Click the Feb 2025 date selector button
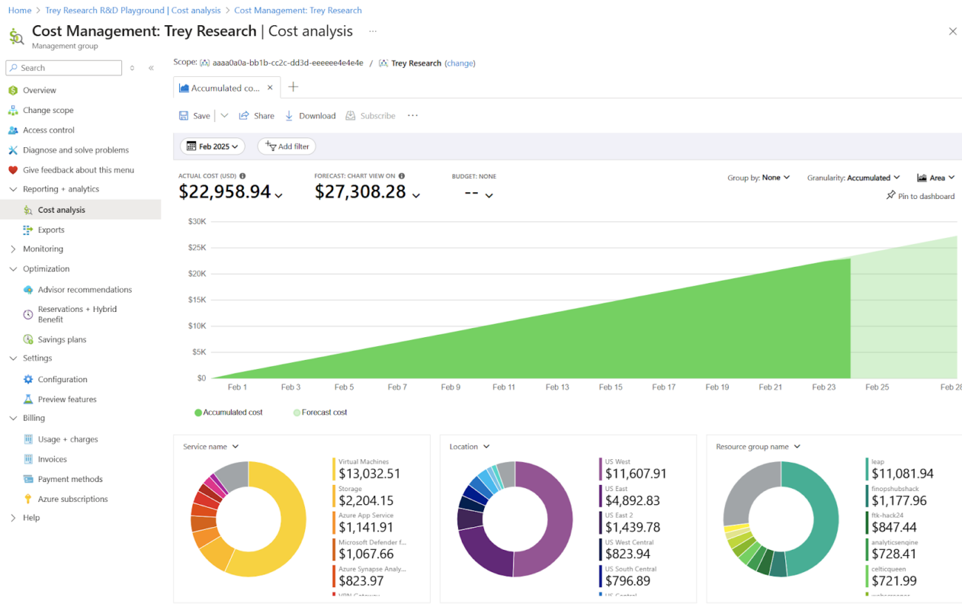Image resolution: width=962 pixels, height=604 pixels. click(x=212, y=146)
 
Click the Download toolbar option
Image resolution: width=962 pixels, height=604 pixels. click(x=310, y=116)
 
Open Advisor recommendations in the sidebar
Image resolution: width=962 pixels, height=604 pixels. click(x=84, y=290)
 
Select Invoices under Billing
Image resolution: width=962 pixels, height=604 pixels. click(x=52, y=459)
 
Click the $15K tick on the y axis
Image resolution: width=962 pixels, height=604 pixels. click(x=196, y=299)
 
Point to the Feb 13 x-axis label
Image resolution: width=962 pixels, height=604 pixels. click(x=557, y=387)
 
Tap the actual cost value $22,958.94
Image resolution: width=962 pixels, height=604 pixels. click(x=225, y=192)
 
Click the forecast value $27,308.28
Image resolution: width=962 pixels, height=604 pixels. click(x=360, y=192)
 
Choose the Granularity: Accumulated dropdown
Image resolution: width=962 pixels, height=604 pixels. click(x=853, y=177)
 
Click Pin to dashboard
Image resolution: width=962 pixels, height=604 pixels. click(x=921, y=196)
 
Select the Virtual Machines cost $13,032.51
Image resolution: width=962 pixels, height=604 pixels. click(x=369, y=474)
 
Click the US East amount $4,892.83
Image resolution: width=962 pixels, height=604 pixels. click(x=632, y=500)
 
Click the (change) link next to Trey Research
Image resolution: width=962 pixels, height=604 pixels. click(x=460, y=64)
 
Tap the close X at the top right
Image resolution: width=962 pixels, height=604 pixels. click(x=952, y=31)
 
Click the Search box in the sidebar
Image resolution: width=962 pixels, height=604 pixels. click(x=64, y=68)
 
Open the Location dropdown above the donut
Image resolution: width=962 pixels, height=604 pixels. click(x=469, y=447)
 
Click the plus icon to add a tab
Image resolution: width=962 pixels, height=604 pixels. click(x=293, y=87)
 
